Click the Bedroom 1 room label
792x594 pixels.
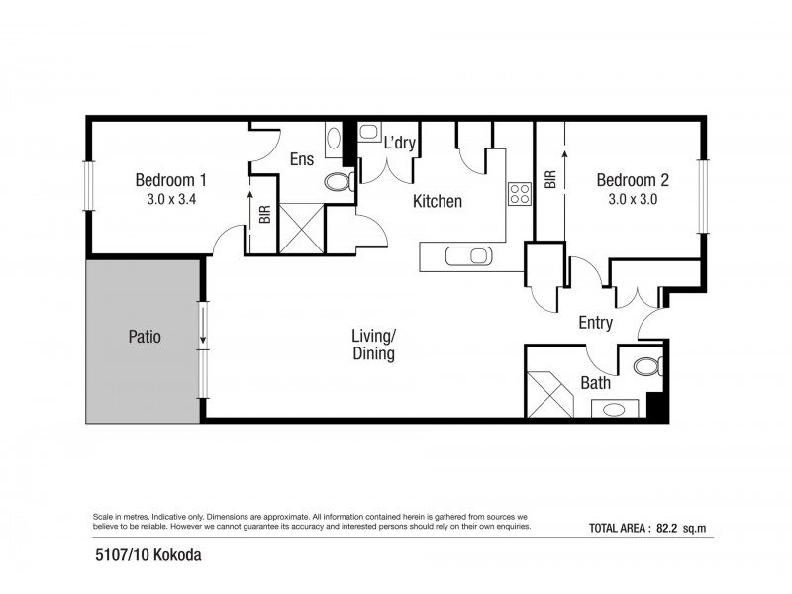click(170, 180)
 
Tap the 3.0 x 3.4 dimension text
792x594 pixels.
click(170, 199)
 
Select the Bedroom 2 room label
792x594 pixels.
click(633, 180)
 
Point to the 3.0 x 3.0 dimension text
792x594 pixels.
click(633, 199)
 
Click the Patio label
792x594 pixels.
click(144, 337)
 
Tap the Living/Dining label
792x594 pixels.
click(373, 345)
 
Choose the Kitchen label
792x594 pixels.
click(437, 201)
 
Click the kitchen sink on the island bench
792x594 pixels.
click(466, 256)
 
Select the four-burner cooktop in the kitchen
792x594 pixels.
click(520, 194)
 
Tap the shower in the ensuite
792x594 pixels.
click(302, 229)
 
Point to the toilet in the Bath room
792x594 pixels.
click(645, 367)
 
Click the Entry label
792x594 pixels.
click(595, 323)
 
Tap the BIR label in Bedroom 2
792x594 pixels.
click(549, 179)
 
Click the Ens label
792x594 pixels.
click(302, 159)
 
